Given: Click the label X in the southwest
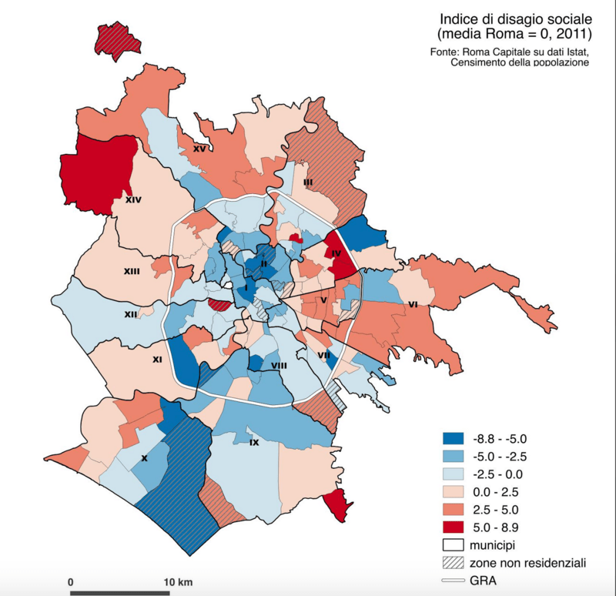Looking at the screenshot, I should (x=144, y=457).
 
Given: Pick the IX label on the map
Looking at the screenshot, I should (x=253, y=443).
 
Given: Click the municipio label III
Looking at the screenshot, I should (x=307, y=182).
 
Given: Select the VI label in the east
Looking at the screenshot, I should (x=413, y=305).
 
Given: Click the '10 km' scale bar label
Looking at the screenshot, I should (x=179, y=580).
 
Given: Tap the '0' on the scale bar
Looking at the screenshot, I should (x=70, y=580).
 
